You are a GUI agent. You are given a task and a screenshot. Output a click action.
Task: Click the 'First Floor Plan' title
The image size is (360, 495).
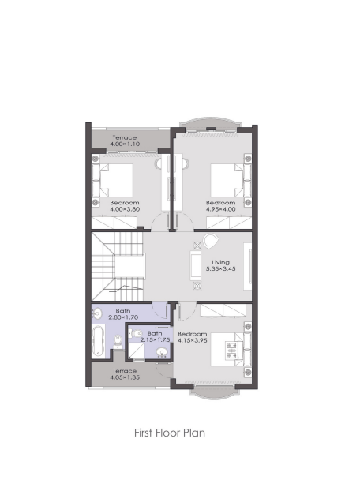(170, 433)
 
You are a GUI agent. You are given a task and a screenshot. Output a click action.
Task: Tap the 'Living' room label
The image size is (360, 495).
(220, 262)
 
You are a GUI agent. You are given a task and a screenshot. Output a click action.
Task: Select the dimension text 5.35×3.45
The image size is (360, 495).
(221, 269)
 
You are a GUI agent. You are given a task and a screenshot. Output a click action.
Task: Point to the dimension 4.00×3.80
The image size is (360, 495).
(125, 209)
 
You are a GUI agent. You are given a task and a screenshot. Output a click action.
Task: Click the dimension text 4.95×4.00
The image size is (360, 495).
(221, 209)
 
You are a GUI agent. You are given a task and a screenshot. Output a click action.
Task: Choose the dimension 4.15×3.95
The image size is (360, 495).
(193, 340)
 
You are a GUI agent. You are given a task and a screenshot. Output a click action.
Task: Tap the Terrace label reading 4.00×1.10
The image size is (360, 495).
(125, 144)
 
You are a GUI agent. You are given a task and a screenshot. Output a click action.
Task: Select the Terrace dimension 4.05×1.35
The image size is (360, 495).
(125, 377)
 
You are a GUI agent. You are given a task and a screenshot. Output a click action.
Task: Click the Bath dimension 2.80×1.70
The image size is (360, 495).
(123, 317)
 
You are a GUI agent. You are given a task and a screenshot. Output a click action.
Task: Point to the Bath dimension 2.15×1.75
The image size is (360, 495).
(155, 340)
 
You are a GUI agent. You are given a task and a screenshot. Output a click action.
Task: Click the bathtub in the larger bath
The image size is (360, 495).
(98, 341)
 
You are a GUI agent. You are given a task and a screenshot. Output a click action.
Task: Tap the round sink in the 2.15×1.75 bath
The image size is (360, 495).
(162, 352)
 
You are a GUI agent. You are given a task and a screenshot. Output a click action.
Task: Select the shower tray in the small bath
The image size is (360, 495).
(136, 351)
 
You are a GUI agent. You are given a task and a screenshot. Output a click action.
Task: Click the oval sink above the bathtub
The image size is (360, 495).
(97, 313)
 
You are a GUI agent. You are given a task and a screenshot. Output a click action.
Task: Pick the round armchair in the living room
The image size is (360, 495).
(210, 242)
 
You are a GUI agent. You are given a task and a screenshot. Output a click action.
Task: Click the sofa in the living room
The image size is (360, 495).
(196, 265)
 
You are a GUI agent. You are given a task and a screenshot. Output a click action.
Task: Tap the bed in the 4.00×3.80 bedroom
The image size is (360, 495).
(116, 180)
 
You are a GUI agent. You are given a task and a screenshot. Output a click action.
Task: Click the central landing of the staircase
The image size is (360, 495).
(129, 266)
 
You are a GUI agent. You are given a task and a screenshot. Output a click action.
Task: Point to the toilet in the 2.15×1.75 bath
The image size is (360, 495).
(136, 333)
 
